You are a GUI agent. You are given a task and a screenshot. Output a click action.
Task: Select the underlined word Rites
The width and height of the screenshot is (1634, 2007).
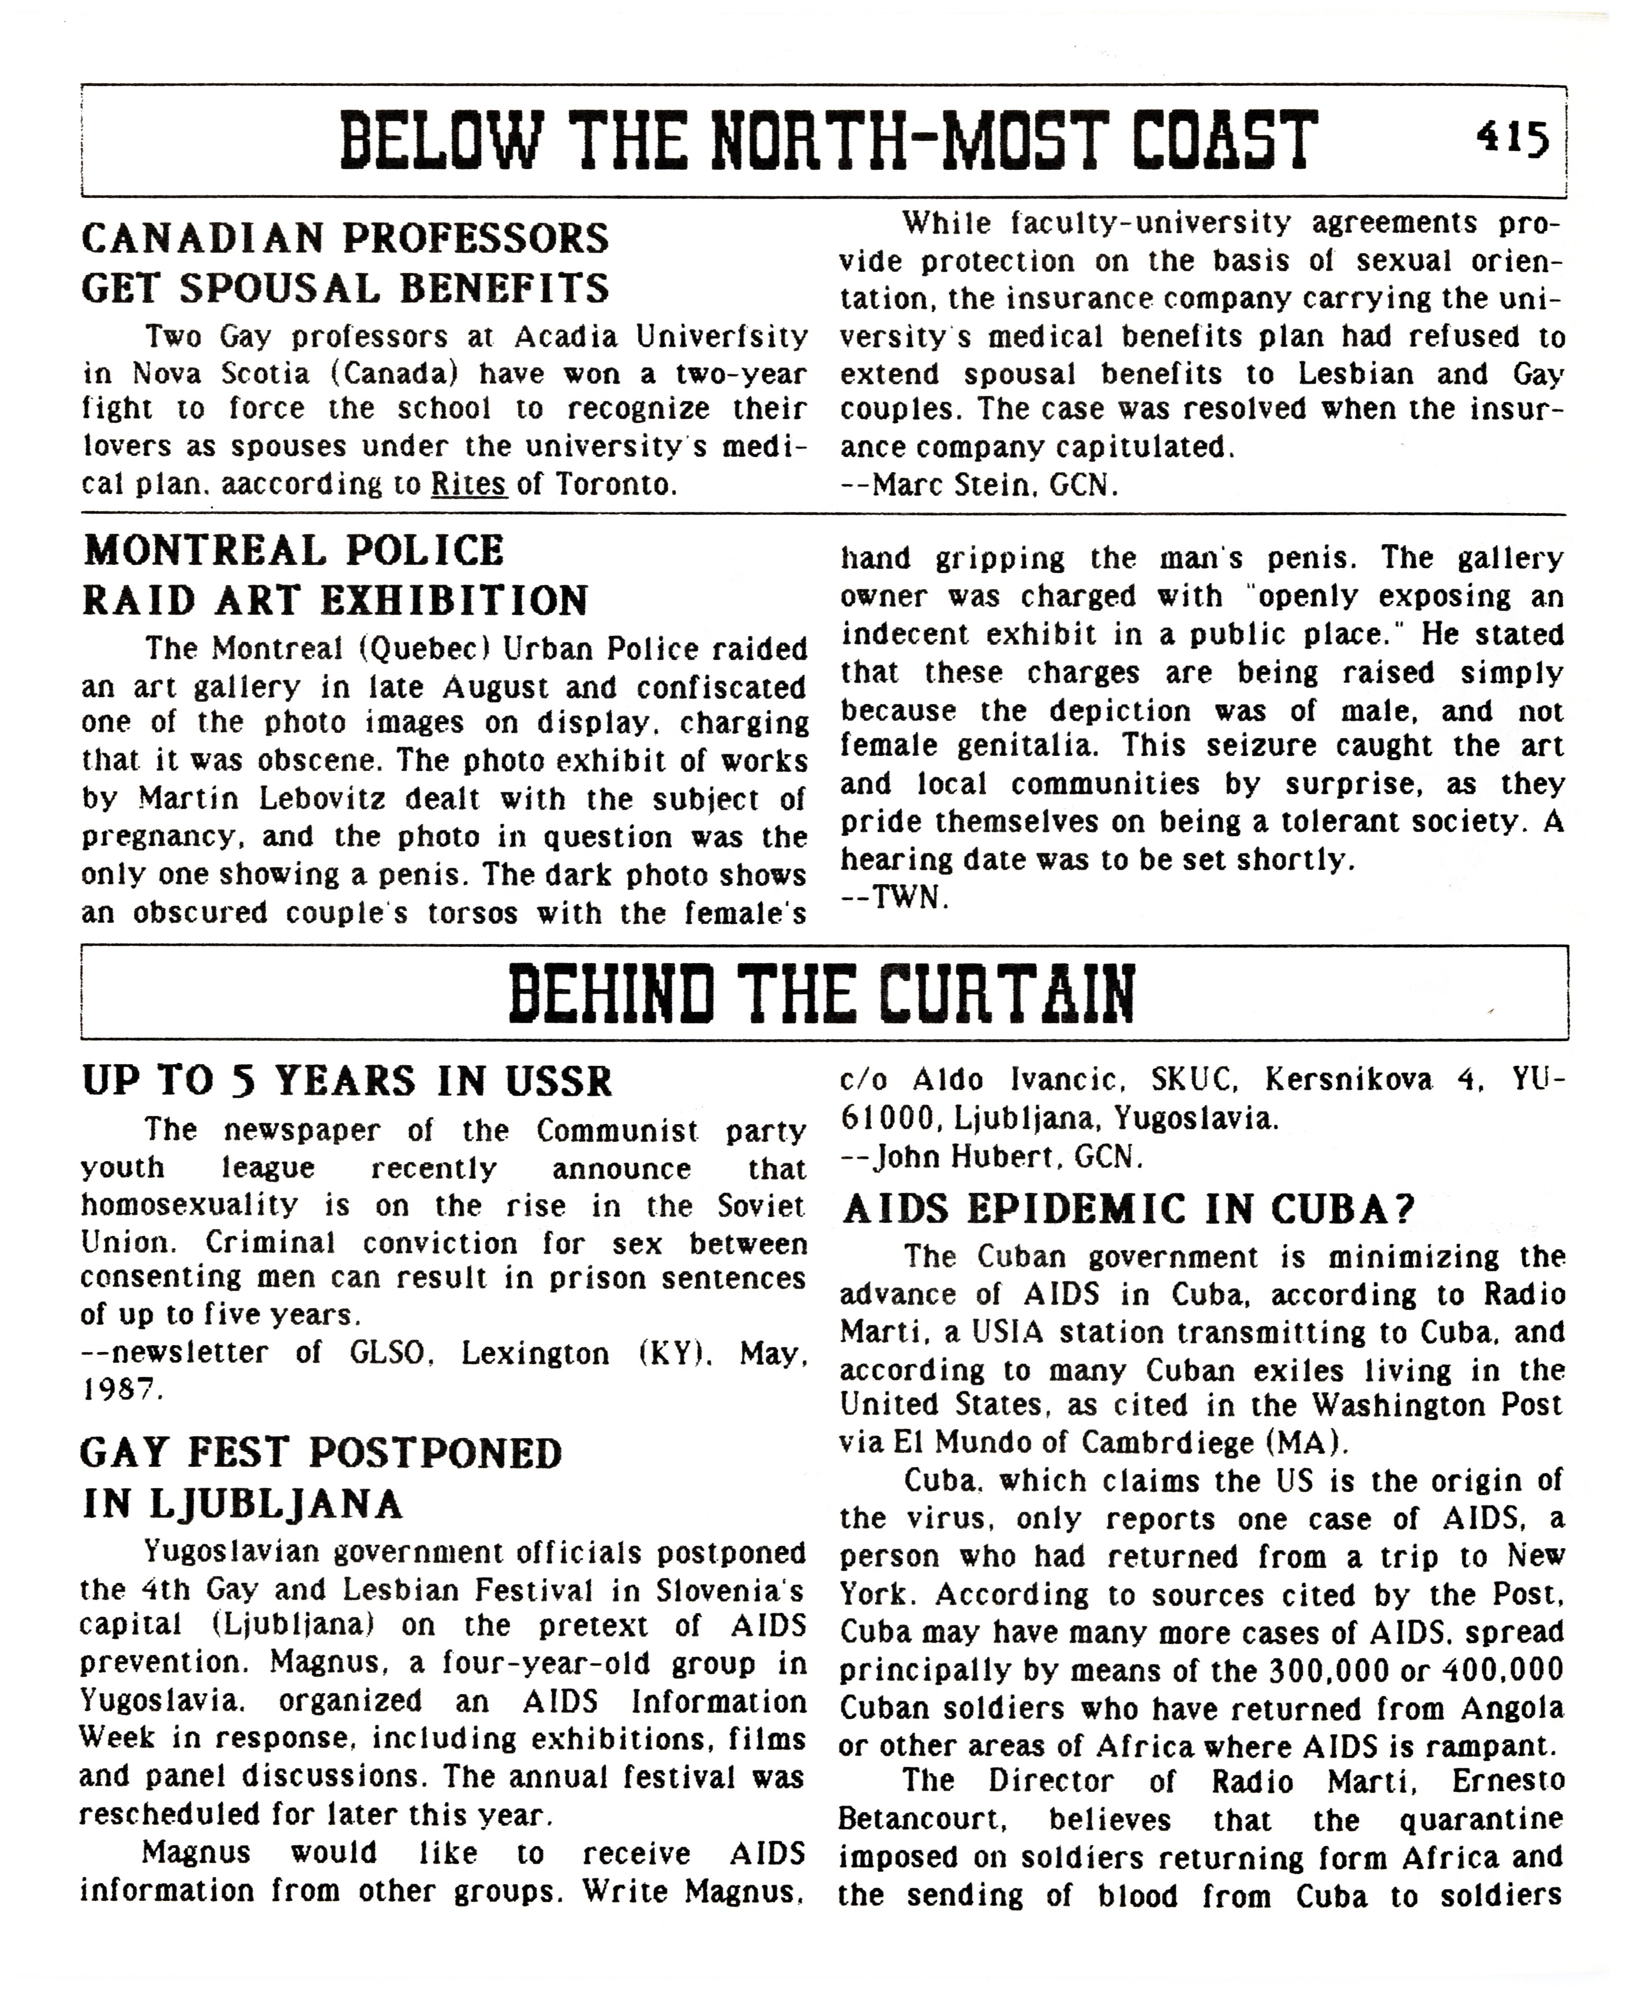[469, 484]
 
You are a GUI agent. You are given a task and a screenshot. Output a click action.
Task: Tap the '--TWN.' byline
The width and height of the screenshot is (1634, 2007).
[894, 898]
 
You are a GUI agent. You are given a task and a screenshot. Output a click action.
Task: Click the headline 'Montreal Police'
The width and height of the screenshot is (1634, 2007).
[294, 551]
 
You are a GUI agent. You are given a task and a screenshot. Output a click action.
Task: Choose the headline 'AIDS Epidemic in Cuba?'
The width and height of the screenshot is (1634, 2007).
[1129, 1210]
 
